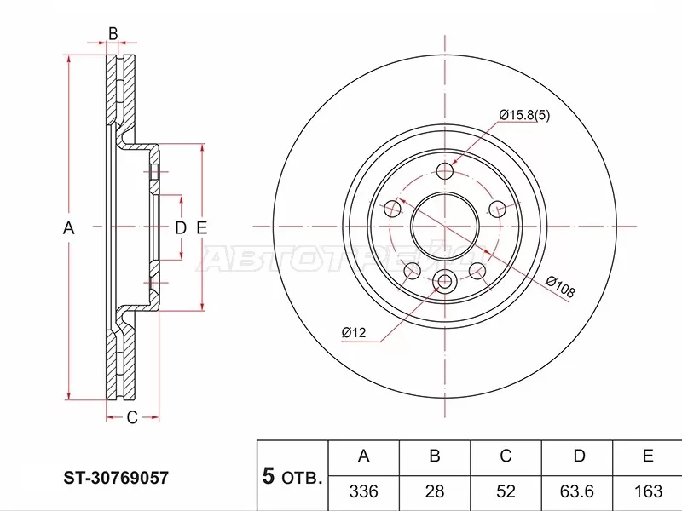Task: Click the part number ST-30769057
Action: point(117,479)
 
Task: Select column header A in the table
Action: point(363,457)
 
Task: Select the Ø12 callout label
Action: point(353,332)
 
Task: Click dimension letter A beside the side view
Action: point(70,227)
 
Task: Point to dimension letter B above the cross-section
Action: point(113,34)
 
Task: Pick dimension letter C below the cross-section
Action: point(132,417)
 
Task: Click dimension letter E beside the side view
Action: point(202,227)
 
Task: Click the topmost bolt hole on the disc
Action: point(445,171)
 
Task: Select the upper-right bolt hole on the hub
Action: point(499,209)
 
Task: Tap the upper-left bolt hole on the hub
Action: point(392,208)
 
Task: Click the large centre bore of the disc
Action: point(445,227)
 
